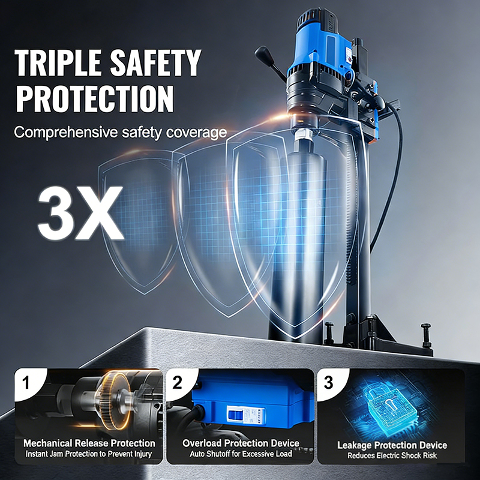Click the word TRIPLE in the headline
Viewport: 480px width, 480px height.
click(58, 62)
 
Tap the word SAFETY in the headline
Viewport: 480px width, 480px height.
click(155, 62)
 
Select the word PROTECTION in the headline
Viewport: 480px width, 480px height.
click(95, 98)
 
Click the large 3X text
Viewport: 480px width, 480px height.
click(80, 212)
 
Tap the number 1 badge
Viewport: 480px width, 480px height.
click(26, 382)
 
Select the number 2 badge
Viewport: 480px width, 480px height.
click(177, 382)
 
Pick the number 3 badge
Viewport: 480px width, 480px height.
click(328, 382)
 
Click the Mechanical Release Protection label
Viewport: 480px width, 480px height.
click(89, 443)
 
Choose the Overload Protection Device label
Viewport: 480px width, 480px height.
click(241, 443)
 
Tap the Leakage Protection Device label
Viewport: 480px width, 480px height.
click(392, 445)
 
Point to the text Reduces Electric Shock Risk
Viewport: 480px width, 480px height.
click(392, 455)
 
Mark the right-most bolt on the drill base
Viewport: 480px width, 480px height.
click(426, 335)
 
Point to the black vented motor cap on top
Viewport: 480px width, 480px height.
click(317, 19)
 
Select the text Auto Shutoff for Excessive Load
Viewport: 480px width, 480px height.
click(241, 454)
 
